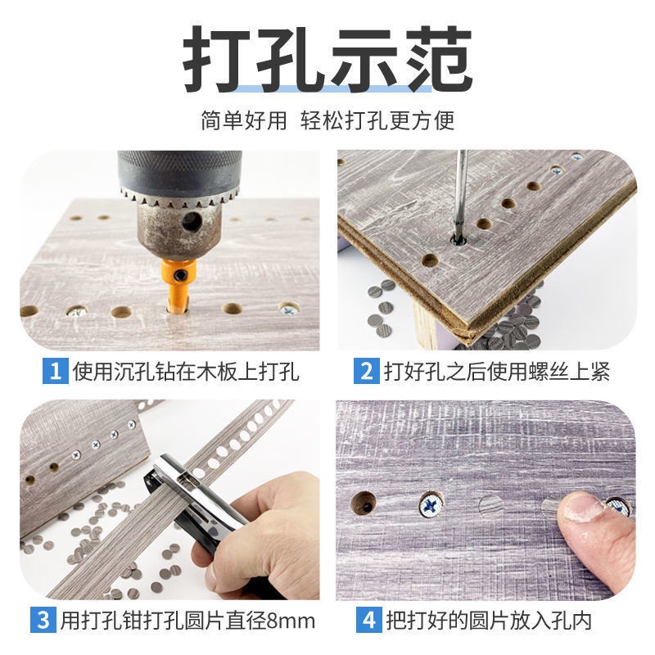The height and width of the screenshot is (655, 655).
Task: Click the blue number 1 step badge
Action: [x=55, y=371]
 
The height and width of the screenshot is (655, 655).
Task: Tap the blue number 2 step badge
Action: [x=366, y=371]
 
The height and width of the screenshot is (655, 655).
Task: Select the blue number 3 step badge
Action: [x=43, y=620]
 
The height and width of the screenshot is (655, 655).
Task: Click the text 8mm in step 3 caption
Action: [x=291, y=621]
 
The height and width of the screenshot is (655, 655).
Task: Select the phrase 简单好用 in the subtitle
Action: [x=244, y=120]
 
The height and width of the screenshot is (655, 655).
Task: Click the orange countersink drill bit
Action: [x=179, y=284]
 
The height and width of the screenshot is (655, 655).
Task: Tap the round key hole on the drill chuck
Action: [x=192, y=221]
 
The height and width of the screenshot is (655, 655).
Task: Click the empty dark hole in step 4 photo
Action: [x=364, y=502]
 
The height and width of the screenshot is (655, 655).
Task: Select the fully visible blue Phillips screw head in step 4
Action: [x=431, y=504]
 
